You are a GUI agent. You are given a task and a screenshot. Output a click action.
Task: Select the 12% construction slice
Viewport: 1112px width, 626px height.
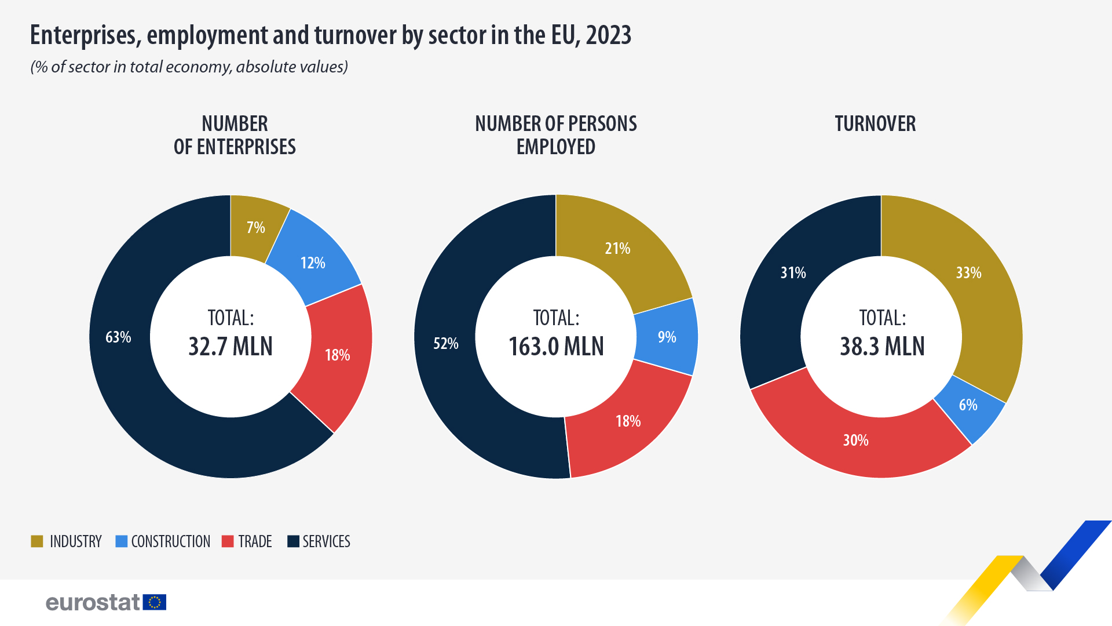pos(313,263)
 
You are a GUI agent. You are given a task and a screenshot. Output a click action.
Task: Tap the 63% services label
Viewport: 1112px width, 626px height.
pos(118,337)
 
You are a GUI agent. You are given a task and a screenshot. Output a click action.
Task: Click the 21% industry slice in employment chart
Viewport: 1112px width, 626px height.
pos(617,249)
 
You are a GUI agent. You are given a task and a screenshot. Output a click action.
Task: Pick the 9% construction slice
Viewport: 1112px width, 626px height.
pos(667,337)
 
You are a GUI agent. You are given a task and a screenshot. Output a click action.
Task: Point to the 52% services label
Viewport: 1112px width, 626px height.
pos(446,343)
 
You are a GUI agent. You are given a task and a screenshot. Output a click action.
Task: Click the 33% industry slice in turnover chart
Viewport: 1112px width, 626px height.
pos(968,272)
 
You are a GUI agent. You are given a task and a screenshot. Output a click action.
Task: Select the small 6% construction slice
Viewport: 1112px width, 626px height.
pos(968,405)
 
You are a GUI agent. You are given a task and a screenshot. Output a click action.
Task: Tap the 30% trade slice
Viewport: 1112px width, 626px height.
pos(855,440)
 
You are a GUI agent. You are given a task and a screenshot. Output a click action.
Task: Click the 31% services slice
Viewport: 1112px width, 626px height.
pos(793,272)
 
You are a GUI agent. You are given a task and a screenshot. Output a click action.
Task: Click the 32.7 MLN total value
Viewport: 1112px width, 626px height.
pos(231,347)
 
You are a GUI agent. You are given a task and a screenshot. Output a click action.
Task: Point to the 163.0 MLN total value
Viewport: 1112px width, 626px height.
pos(556,347)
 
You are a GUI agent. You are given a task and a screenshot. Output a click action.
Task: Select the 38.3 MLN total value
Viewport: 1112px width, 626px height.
pos(882,347)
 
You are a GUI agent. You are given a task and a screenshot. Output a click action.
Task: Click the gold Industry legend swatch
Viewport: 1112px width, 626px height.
pos(37,541)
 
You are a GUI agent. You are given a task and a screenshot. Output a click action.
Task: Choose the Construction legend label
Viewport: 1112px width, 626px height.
pos(170,541)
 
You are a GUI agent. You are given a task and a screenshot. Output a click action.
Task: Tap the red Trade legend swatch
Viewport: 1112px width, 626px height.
pos(228,541)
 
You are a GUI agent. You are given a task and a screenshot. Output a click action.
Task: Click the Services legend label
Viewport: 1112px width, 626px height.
pos(326,541)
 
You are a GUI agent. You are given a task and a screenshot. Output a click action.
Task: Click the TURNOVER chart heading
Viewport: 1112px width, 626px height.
pos(875,124)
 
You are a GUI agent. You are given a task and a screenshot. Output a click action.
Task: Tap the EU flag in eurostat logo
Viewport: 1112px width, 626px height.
pos(155,602)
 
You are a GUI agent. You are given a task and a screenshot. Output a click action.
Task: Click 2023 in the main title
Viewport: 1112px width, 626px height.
pos(608,35)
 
